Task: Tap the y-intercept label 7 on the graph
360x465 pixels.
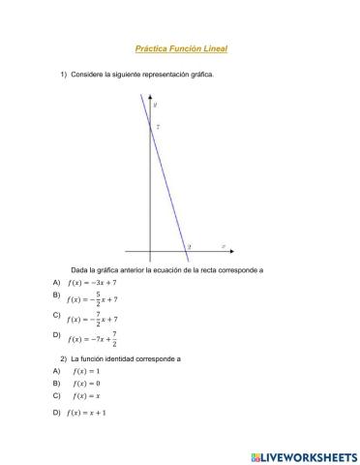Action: coord(158,126)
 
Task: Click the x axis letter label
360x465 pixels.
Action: coord(224,246)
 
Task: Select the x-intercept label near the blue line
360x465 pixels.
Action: coord(190,247)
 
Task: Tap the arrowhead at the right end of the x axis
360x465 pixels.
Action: coord(232,252)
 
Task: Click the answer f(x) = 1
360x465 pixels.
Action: coord(86,371)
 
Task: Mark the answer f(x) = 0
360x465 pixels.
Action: coord(86,384)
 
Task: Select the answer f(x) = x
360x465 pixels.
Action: coord(86,396)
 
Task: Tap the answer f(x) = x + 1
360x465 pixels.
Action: coord(89,413)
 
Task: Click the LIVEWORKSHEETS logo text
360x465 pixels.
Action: coord(307,455)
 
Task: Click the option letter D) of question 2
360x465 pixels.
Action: coord(57,413)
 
